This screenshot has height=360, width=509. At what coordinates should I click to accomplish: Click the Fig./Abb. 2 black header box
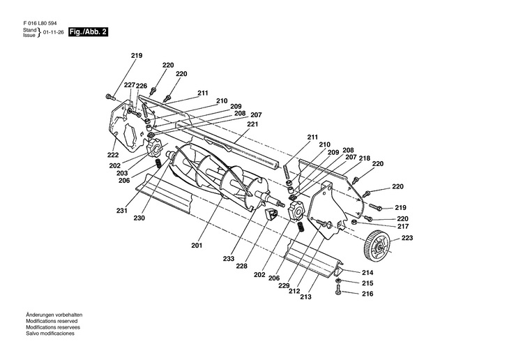click(89, 33)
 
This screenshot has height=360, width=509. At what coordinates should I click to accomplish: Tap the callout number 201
click(195, 246)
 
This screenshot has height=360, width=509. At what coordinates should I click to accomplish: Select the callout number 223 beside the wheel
click(407, 239)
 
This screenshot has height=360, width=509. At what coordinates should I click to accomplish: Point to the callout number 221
click(252, 123)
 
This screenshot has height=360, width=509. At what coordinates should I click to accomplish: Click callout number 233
click(229, 258)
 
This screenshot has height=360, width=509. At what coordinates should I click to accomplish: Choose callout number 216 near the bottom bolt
click(367, 294)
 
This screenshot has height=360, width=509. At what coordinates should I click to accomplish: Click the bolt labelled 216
click(339, 290)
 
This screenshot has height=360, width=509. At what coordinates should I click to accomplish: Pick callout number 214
click(367, 272)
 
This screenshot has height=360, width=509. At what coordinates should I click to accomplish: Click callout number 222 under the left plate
click(113, 154)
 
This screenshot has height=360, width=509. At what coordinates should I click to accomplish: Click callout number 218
click(365, 158)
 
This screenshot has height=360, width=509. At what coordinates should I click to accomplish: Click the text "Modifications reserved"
click(50, 322)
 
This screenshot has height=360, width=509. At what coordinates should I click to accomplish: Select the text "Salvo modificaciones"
click(50, 333)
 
